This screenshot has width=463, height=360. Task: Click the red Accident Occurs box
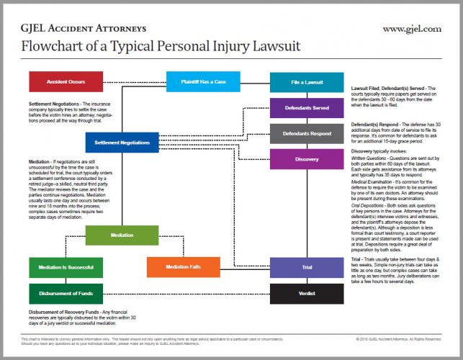(x=60, y=81)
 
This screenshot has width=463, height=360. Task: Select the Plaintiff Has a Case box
(x=198, y=81)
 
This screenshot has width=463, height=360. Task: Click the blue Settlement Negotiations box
(x=126, y=142)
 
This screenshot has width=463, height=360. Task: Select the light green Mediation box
(x=122, y=235)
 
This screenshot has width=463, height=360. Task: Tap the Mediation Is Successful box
(x=60, y=267)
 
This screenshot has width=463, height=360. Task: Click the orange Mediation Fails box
(x=183, y=267)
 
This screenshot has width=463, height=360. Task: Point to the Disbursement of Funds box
(x=60, y=293)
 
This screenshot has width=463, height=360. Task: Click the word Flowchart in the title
(x=50, y=47)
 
